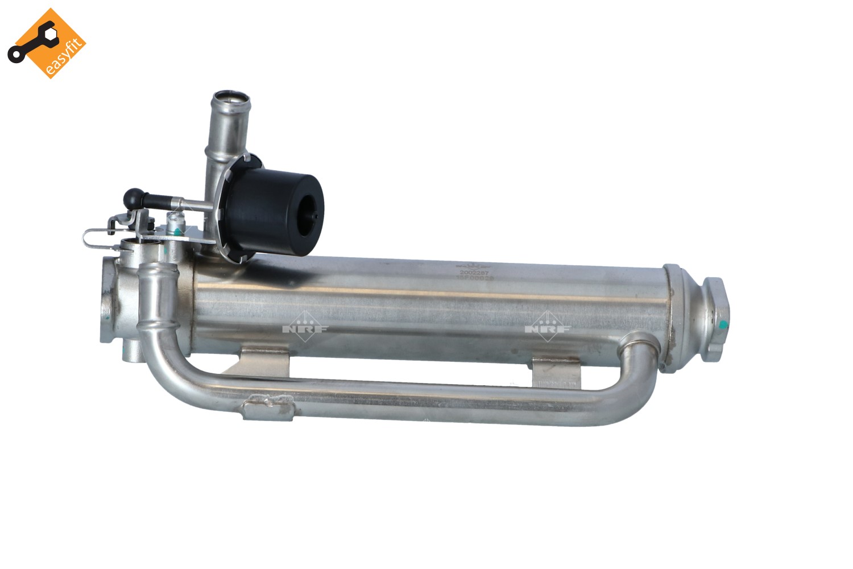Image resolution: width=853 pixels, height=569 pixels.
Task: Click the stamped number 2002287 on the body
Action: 474,273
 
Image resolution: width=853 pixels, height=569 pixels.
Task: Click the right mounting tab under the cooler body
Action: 556,372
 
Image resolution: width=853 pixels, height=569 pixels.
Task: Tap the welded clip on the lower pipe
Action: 267,407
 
